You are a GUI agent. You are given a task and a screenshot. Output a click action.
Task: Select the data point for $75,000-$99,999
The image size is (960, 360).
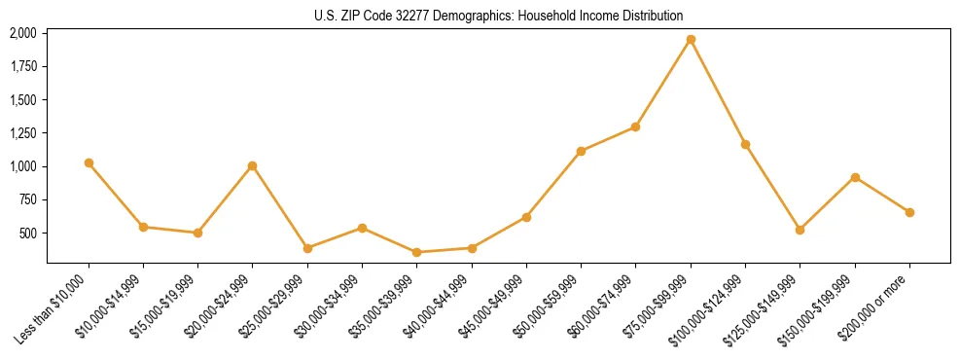click(691, 40)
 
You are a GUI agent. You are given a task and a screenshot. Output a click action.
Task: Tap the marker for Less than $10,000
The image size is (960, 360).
click(89, 162)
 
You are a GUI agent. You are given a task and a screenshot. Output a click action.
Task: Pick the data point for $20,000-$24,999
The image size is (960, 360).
click(253, 165)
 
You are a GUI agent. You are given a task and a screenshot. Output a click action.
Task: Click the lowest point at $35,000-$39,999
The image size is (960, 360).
click(416, 252)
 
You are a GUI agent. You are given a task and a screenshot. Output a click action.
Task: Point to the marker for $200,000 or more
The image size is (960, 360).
click(909, 212)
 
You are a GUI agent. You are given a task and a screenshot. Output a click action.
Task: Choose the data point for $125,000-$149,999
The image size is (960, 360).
click(800, 230)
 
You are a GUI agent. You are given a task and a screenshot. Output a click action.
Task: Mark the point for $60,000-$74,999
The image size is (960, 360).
click(635, 126)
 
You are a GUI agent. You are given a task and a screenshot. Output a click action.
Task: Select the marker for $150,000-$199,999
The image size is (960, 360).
click(855, 177)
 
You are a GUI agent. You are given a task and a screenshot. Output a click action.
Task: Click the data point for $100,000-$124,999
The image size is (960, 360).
click(745, 144)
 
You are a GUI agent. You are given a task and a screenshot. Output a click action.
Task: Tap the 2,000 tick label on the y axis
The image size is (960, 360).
click(22, 33)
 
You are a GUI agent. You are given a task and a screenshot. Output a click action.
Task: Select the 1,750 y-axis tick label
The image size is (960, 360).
click(22, 66)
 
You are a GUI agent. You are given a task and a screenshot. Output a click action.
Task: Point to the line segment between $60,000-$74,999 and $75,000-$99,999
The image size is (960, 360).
click(663, 83)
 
